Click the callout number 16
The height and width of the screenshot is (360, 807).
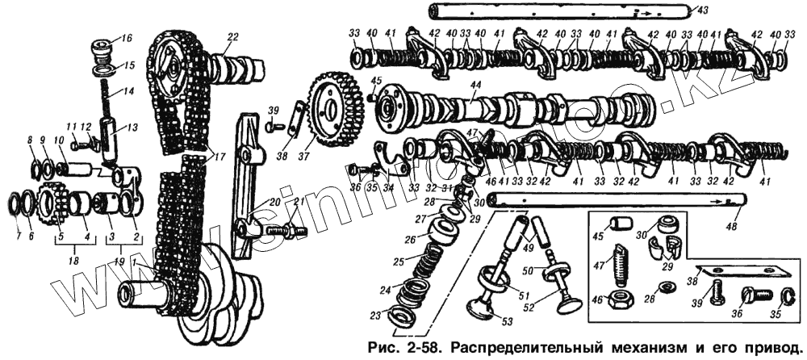pos(127,39)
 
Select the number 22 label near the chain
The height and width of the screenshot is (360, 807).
pos(233,37)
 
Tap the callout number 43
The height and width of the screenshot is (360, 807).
pos(703,10)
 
